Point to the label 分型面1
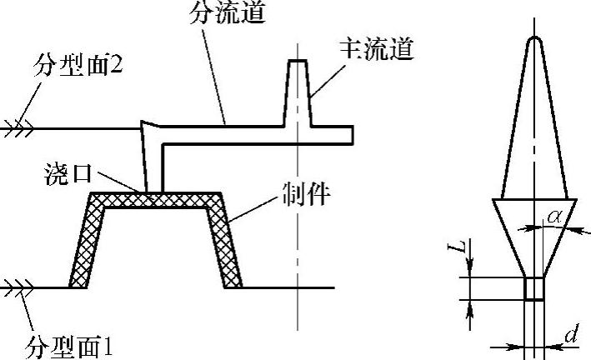click(x=67, y=343)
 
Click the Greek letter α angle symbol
click(x=553, y=217)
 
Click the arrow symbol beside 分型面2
click(x=17, y=128)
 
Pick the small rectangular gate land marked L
click(x=533, y=288)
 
